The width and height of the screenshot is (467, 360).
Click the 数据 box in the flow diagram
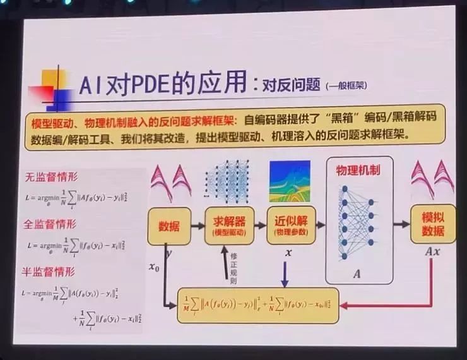tap(168, 226)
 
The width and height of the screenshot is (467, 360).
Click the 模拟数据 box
tap(432, 224)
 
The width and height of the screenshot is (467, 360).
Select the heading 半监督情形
tap(50, 272)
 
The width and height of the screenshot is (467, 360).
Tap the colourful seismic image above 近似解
tap(290, 181)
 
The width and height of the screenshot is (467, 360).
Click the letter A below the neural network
tap(358, 273)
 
